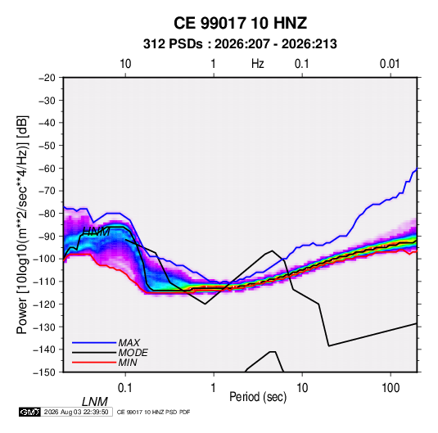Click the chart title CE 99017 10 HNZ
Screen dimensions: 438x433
[240, 23]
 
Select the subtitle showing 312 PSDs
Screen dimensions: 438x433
[240, 44]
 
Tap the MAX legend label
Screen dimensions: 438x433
[129, 342]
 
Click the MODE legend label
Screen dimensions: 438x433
[133, 353]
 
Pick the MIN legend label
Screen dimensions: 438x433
[128, 363]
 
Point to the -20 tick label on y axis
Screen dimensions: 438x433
[47, 78]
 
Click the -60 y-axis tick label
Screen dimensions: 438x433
[47, 168]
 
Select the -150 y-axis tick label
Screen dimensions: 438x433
[44, 372]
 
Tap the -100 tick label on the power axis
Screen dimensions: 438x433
[44, 259]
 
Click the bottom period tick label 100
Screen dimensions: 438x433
[391, 388]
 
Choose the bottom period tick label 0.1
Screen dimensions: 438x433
[125, 388]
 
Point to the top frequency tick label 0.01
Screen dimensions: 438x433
[390, 64]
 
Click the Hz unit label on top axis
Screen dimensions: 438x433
[258, 64]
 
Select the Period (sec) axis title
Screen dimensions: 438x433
[258, 397]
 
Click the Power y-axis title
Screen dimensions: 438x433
[22, 225]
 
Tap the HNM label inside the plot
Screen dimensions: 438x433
[96, 232]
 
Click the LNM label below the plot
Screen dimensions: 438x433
[95, 402]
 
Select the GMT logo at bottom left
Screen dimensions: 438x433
[30, 412]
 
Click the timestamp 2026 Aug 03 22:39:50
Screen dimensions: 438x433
[76, 412]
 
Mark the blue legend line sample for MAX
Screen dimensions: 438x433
[94, 343]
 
